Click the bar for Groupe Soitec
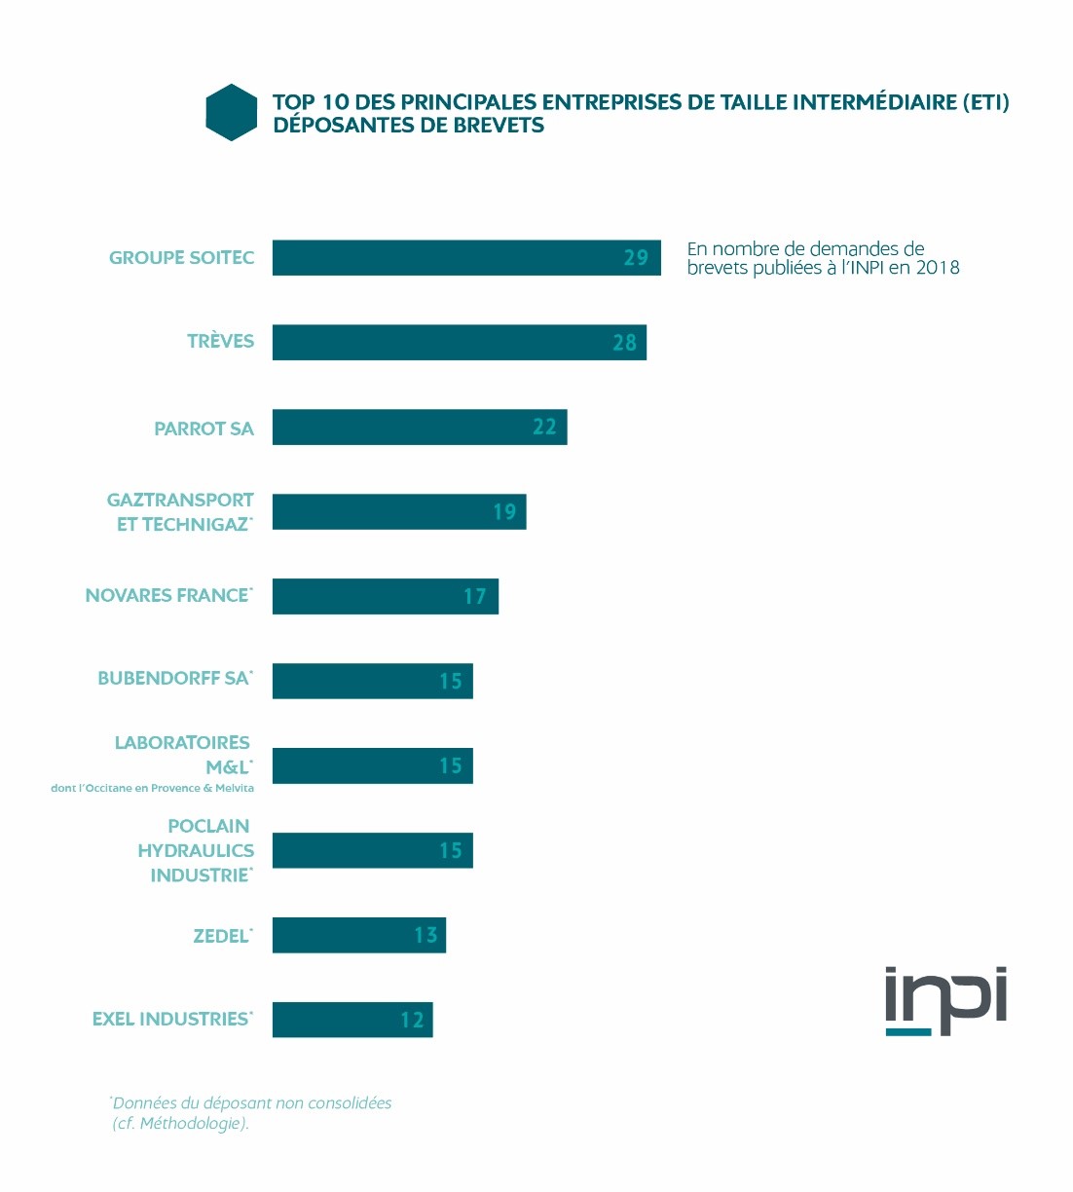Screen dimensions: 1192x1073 click(x=465, y=258)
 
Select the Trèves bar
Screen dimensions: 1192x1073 click(x=459, y=343)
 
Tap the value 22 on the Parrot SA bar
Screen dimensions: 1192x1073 click(x=544, y=427)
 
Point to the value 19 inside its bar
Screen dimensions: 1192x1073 click(x=504, y=512)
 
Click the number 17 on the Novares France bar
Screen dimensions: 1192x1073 click(x=474, y=597)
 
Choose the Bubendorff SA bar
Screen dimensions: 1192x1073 click(x=372, y=681)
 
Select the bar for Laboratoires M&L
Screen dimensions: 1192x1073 click(x=372, y=765)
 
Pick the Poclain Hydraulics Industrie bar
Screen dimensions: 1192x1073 click(x=372, y=850)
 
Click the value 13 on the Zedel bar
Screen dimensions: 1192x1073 click(x=425, y=936)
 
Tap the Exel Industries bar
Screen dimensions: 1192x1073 click(x=351, y=1020)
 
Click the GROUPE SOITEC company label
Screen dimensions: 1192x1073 click(x=181, y=258)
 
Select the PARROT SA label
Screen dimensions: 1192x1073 click(x=203, y=428)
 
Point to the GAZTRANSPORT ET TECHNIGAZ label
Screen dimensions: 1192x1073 click(x=181, y=512)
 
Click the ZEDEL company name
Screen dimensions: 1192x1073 click(x=222, y=936)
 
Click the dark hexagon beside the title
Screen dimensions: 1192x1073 click(x=232, y=113)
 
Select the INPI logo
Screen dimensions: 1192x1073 click(x=944, y=1000)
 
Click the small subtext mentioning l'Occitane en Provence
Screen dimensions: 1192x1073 click(x=152, y=788)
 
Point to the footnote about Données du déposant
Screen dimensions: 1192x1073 click(x=251, y=1113)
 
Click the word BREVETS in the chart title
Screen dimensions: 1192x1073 click(x=499, y=126)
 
